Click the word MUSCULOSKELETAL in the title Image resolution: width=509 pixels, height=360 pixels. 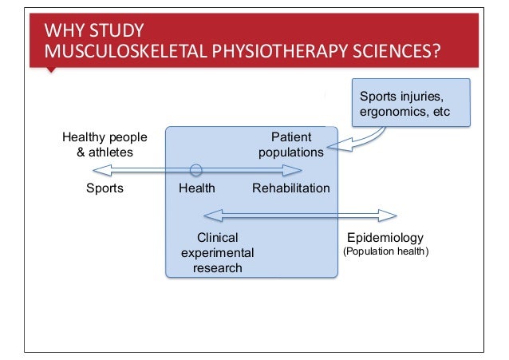pos(115,53)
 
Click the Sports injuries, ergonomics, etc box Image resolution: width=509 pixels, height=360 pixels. pos(411,103)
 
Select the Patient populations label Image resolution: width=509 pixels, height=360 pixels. pos(290,144)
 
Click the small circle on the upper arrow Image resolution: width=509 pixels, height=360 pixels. pos(195,169)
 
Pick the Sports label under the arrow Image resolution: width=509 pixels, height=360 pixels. pos(105,188)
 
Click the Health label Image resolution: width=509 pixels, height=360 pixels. pos(196,188)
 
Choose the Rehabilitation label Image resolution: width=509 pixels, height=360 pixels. pos(290,188)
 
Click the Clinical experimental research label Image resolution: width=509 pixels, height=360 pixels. pos(217,252)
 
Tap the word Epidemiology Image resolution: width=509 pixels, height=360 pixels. pos(385,238)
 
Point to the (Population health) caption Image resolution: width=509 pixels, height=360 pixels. pos(385,251)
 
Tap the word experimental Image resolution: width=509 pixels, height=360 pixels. pos(217,252)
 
